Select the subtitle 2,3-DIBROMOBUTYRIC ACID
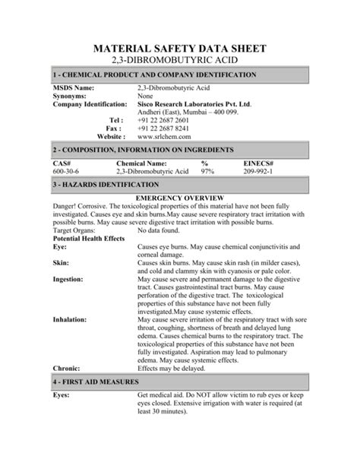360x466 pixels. tap(179, 61)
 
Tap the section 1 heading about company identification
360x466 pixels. tap(157, 76)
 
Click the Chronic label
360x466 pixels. tap(68, 370)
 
